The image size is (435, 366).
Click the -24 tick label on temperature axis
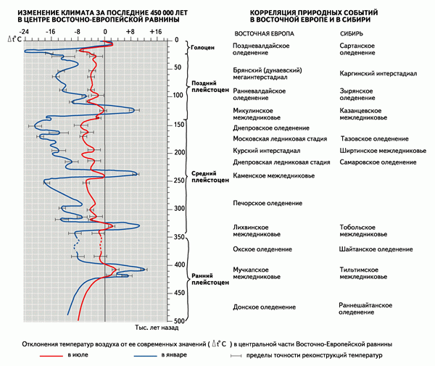coord(24,32)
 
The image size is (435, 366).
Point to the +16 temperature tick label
coord(155,32)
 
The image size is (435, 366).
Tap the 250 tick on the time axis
coord(179,180)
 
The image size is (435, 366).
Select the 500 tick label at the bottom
coord(179,321)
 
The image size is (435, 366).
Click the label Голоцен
coord(203,47)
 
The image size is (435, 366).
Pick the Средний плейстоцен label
coord(210,177)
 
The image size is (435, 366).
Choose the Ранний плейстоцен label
coord(210,279)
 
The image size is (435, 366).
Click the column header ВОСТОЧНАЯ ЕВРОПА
coord(264,34)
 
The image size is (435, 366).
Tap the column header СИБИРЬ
coord(352,34)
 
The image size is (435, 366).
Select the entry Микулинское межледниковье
coord(257,114)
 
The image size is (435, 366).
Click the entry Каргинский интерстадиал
coord(378,73)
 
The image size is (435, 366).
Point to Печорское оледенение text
coord(268,203)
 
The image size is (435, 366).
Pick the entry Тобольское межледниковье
coord(363,230)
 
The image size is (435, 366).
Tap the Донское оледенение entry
coord(264,307)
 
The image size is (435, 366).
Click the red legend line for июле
coord(51,355)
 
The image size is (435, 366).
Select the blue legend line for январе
coord(146,355)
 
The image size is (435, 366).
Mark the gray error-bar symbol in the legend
coord(236,356)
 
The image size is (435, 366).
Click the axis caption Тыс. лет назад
coord(157,328)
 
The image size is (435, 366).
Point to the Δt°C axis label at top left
coord(14,39)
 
